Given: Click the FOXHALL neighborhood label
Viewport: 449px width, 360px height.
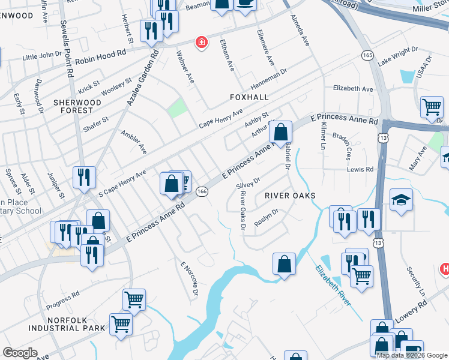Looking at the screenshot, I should [x=249, y=97].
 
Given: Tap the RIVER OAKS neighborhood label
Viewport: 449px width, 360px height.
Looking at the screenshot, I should [x=290, y=196].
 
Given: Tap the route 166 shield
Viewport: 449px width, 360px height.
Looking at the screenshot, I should [x=202, y=191].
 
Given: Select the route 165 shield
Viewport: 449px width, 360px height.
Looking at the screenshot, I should [x=367, y=55].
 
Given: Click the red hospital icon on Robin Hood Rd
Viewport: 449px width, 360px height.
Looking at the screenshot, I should [x=202, y=42].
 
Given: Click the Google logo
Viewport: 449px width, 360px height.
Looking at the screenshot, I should [x=20, y=353].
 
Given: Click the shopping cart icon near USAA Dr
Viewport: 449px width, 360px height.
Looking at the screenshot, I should [x=432, y=107].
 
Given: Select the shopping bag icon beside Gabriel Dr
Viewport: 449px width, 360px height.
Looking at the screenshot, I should [x=280, y=132].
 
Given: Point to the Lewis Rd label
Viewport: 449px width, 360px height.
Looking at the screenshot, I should [x=360, y=170].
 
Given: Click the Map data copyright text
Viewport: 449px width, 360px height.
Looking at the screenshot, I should [x=411, y=355].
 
